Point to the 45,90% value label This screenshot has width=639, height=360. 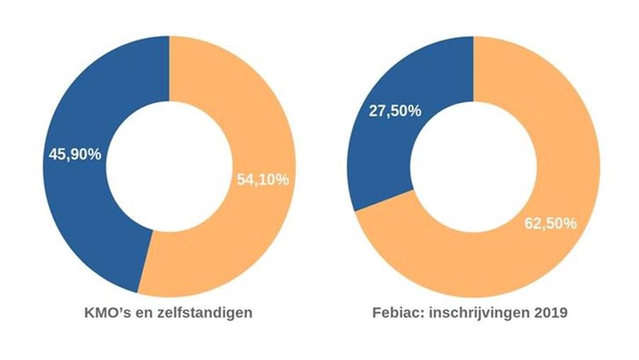pyautogui.click(x=75, y=154)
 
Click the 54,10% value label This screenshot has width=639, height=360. pyautogui.click(x=263, y=180)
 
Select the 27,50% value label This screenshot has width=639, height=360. pyautogui.click(x=395, y=111)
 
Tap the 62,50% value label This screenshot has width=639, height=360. pyautogui.click(x=550, y=223)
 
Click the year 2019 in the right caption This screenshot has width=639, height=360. pyautogui.click(x=551, y=312)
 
